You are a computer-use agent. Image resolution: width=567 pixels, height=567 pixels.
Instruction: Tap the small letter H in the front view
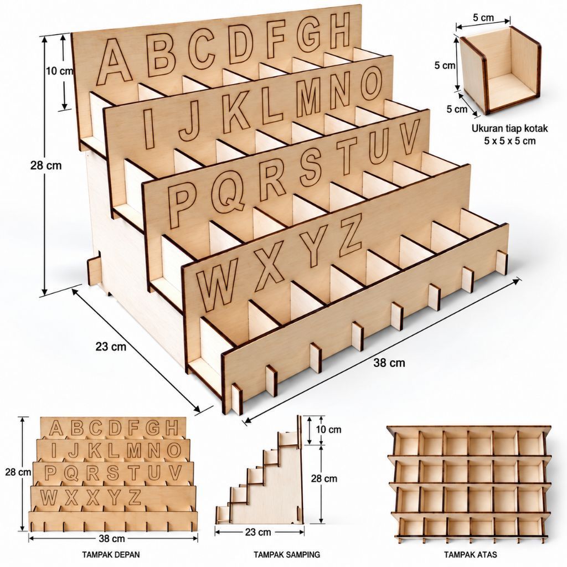(172, 428)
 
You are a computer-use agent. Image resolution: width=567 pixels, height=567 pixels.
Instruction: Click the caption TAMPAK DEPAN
(111, 554)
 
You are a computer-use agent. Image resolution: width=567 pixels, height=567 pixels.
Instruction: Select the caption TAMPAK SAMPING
(287, 554)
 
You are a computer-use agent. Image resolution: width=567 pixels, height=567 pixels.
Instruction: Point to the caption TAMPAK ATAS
(471, 554)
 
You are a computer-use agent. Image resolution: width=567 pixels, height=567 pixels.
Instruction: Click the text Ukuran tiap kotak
(509, 128)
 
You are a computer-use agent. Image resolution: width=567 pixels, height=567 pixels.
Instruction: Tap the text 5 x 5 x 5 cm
(510, 141)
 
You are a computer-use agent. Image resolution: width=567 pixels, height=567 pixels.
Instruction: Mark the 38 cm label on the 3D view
(389, 363)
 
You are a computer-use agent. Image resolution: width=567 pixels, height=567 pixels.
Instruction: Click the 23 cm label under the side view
(258, 532)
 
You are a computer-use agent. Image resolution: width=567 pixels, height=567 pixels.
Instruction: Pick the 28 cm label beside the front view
(18, 472)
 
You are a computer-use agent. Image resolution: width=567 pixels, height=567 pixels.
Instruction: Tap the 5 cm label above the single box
(483, 18)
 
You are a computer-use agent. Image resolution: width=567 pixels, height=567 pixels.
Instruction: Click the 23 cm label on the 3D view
(111, 347)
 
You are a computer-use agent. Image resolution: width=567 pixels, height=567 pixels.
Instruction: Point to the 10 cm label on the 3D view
(59, 71)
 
